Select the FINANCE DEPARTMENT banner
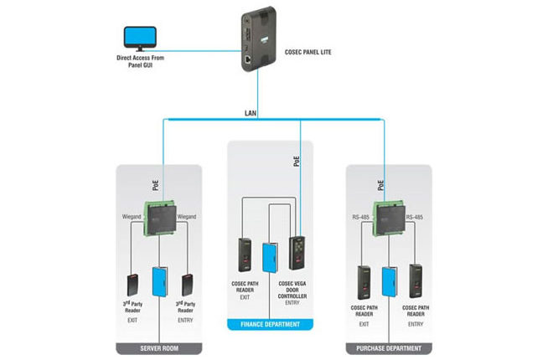pos(271,321)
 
